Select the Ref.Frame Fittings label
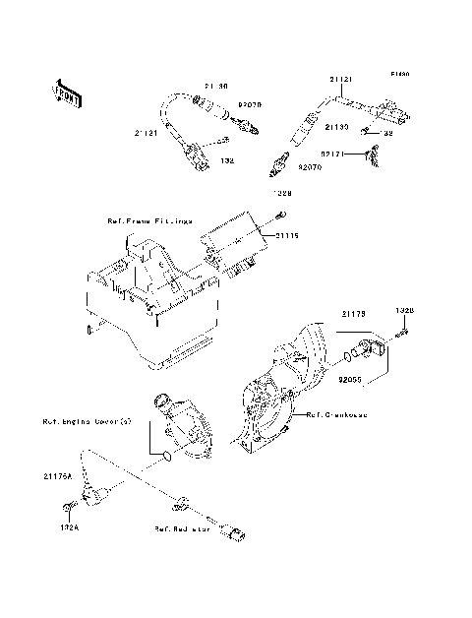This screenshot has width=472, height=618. [148, 221]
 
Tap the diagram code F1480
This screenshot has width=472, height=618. [398, 74]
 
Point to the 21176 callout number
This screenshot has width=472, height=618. [353, 313]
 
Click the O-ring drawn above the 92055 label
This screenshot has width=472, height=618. [345, 353]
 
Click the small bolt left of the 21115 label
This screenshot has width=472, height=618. [282, 216]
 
